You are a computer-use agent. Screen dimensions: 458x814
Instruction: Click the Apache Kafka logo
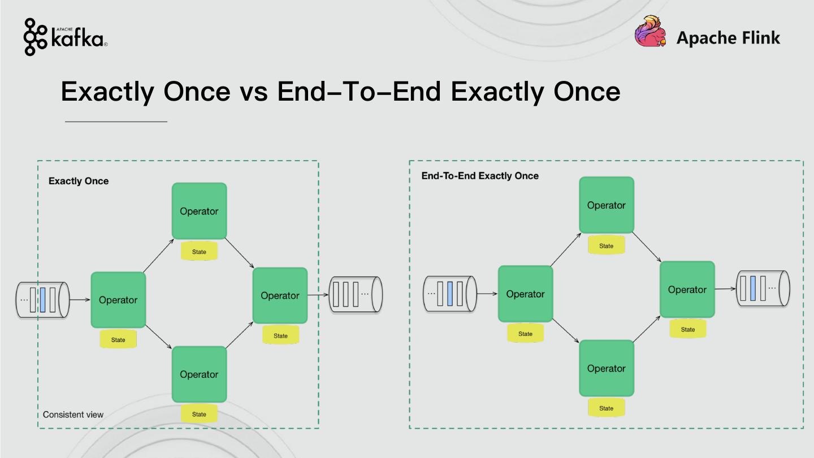65,37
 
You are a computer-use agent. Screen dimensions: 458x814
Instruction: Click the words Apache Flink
728,38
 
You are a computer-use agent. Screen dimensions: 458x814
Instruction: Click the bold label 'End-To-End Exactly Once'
480,176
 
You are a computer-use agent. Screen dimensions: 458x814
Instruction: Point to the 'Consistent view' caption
73,414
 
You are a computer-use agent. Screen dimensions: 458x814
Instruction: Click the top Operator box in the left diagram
199,211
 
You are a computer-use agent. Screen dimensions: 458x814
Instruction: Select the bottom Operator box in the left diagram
199,374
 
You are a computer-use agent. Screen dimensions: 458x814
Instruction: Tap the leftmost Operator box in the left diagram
118,300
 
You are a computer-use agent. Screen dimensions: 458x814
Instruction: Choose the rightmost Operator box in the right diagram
687,290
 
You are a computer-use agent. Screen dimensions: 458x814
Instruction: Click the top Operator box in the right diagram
606,205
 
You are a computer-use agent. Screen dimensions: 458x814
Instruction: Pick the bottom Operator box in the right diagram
606,368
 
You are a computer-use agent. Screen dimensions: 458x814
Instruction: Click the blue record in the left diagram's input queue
43,300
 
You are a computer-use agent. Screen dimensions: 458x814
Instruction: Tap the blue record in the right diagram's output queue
753,288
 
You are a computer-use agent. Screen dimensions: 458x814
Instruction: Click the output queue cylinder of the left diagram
356,294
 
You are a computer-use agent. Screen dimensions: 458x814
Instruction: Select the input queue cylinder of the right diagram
450,294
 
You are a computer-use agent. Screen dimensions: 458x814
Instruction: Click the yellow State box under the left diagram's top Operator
199,252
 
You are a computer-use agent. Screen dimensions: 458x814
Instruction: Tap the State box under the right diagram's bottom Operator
606,408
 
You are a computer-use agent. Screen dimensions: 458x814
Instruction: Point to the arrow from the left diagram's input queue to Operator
80,300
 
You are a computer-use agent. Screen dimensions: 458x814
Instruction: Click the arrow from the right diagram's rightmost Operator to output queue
725,289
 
